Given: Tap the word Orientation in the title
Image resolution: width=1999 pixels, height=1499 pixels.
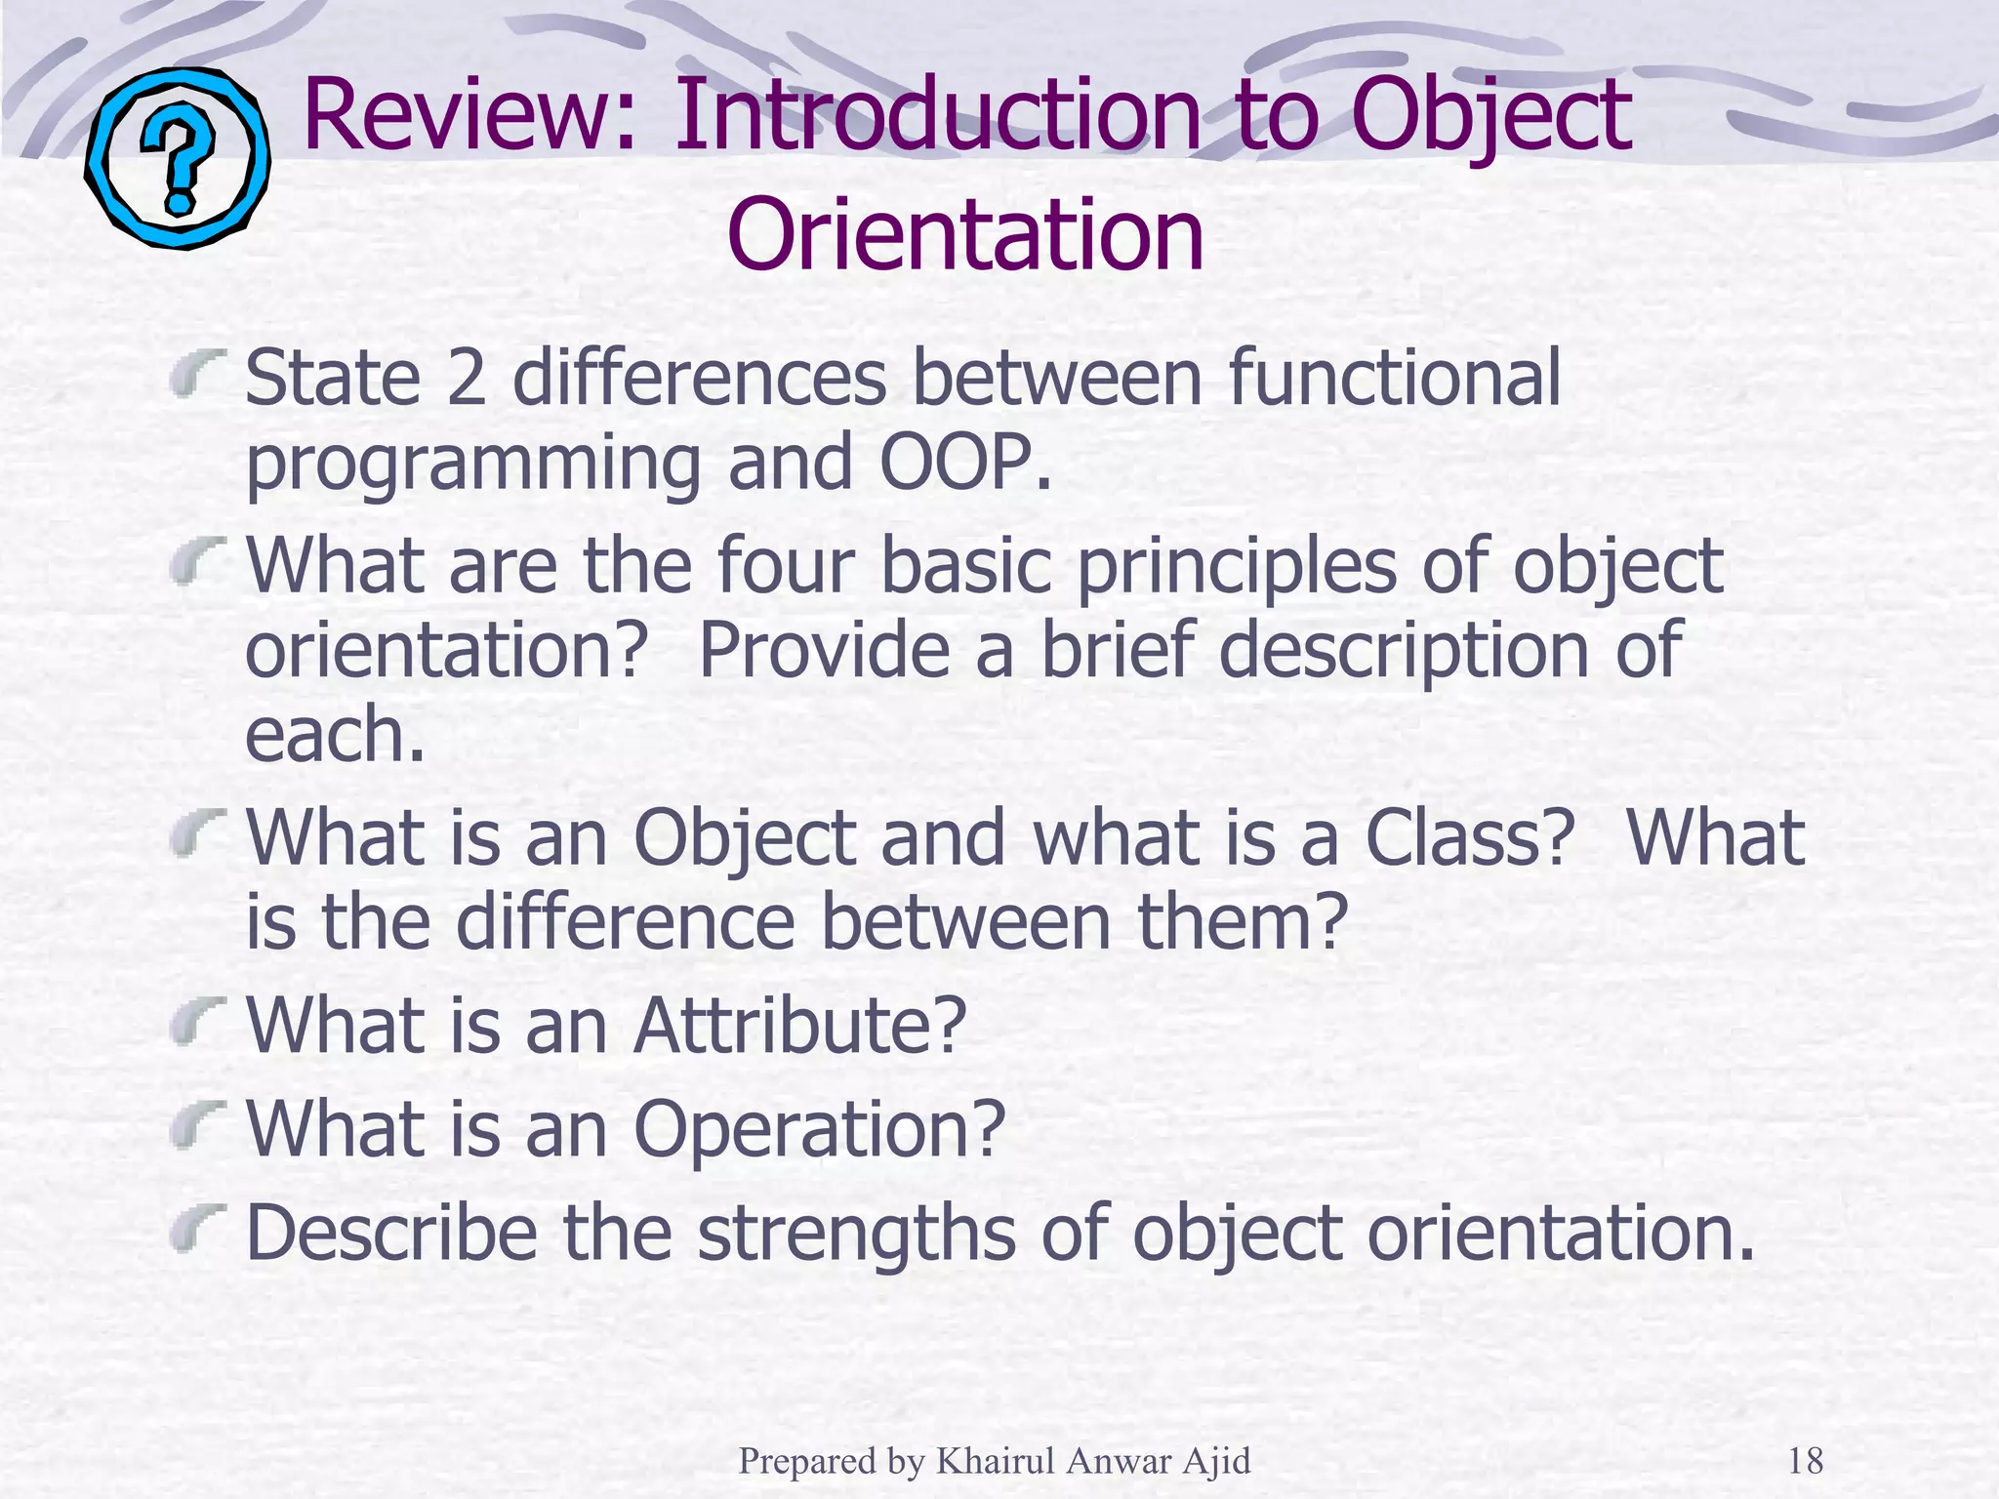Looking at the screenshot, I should coord(965,236).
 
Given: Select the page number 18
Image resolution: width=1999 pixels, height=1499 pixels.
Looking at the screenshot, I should coord(1805,1461).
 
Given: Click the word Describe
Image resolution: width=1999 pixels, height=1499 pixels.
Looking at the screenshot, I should coord(390,1233).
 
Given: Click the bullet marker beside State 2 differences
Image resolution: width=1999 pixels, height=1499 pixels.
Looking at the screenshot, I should coord(198,375).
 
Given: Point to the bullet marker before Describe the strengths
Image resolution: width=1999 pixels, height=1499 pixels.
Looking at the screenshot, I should coord(198,1230).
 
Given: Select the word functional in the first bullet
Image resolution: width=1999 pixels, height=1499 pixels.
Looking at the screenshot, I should coord(1394,379).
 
